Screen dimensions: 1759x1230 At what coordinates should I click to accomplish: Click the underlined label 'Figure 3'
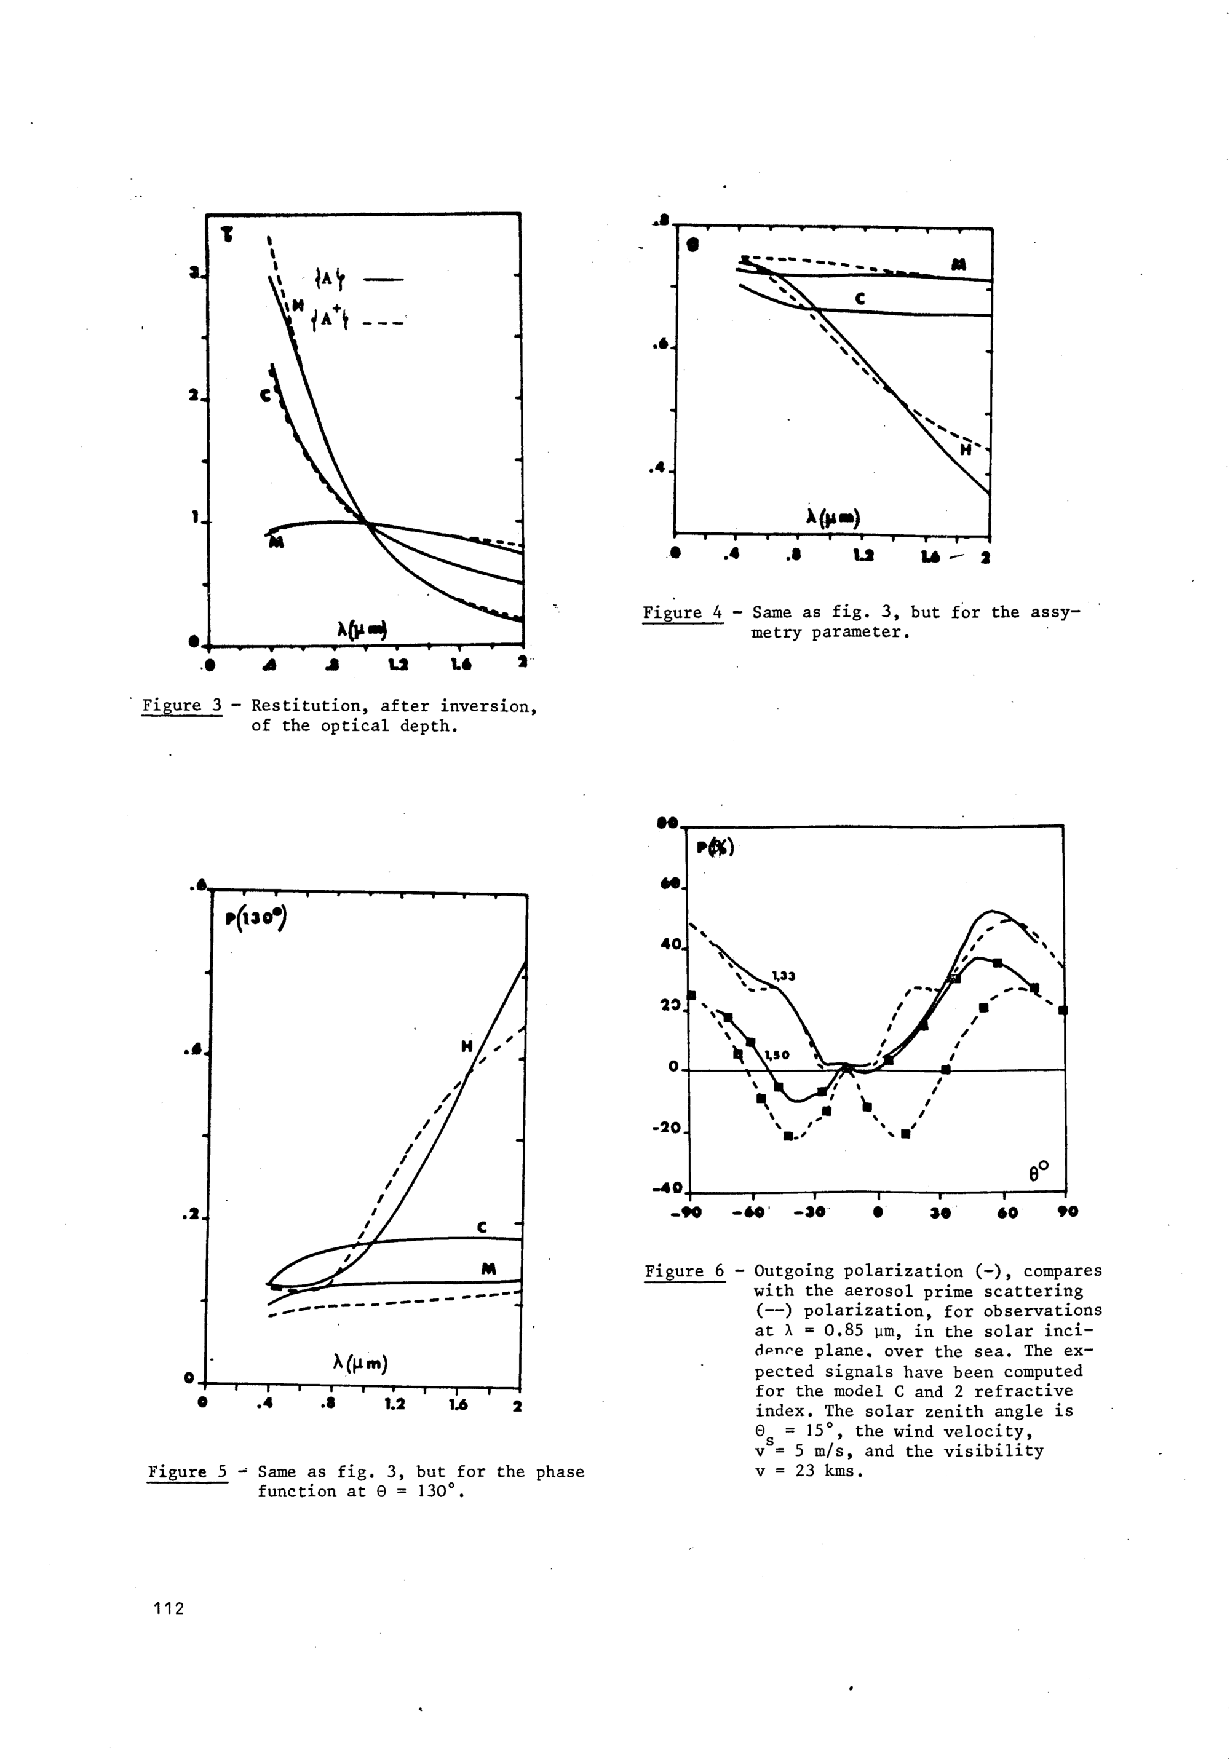(x=181, y=706)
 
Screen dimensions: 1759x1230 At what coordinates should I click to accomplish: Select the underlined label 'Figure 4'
(x=682, y=612)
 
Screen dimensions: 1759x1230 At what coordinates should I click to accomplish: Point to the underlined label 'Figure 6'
(x=684, y=1271)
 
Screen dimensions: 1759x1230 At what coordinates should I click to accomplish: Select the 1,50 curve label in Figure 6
(x=777, y=1055)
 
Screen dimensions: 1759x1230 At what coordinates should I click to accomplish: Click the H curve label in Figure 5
(x=467, y=1046)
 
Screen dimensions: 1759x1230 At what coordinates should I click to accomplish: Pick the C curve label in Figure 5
(x=482, y=1227)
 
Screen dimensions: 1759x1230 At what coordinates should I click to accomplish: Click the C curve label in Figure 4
(x=860, y=299)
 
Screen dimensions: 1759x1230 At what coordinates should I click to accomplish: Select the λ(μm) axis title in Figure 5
(x=360, y=1363)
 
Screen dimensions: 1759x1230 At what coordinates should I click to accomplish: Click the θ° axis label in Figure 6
(x=1038, y=1171)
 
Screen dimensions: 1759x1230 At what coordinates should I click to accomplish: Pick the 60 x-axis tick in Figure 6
(x=1008, y=1212)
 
